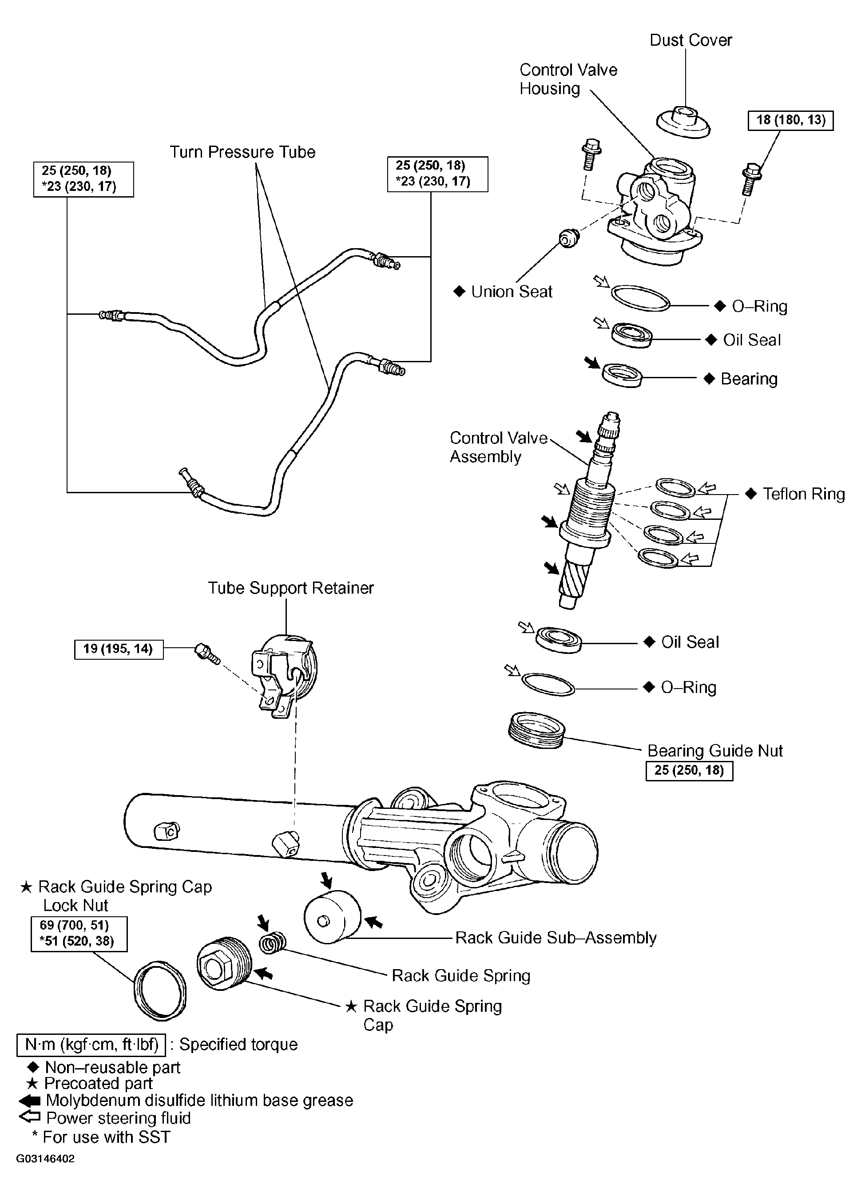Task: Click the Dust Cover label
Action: (x=690, y=40)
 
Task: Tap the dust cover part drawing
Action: (x=683, y=123)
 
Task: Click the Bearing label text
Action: (x=749, y=379)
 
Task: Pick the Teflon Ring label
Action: (x=803, y=494)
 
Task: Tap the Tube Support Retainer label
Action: (x=291, y=588)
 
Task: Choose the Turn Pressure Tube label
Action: (x=242, y=152)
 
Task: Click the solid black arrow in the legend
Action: (x=30, y=1101)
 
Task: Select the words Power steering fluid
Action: (x=118, y=1118)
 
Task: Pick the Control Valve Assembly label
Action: (x=498, y=447)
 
